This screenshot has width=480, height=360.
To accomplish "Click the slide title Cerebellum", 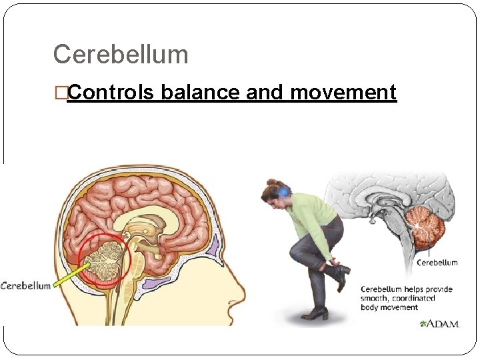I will (x=120, y=54).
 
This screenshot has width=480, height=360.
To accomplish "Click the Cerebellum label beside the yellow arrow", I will (x=25, y=286).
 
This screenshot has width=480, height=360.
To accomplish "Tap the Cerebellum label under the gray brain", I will (x=437, y=262).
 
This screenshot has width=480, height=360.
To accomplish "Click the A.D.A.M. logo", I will (x=439, y=324).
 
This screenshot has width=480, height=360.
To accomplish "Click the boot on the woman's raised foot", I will (x=339, y=274).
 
